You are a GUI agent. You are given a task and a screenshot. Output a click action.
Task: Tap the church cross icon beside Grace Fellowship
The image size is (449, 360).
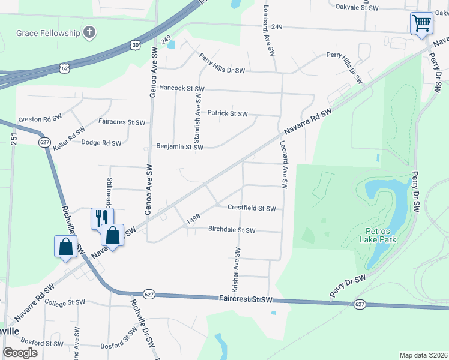pyautogui.click(x=89, y=32)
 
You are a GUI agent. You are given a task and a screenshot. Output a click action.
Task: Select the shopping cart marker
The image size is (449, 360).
pyautogui.click(x=421, y=24)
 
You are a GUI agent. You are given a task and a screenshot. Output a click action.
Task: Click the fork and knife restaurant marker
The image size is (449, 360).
pyautogui.click(x=101, y=218)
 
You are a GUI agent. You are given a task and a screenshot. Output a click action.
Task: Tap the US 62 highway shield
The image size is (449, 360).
pyautogui.click(x=64, y=68)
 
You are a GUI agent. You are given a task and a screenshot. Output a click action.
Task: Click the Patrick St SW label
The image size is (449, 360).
pyautogui.click(x=228, y=113)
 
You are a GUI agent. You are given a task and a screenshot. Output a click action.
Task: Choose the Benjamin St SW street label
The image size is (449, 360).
pyautogui.click(x=179, y=146)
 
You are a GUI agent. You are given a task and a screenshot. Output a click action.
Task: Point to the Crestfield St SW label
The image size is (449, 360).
pyautogui.click(x=252, y=208)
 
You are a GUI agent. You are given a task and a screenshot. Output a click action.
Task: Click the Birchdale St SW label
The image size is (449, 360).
pyautogui.click(x=232, y=230)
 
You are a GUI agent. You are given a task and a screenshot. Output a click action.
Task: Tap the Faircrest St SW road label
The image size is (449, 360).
pyautogui.click(x=246, y=299)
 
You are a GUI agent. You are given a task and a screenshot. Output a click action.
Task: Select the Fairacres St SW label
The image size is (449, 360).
pyautogui.click(x=122, y=122)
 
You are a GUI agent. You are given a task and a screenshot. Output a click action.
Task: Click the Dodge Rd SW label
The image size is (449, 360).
pyautogui.click(x=101, y=143)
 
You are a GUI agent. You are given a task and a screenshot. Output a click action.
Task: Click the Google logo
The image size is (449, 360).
pyautogui.click(x=20, y=353)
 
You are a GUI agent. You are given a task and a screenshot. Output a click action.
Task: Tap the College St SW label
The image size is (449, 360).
pyautogui.click(x=66, y=304)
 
